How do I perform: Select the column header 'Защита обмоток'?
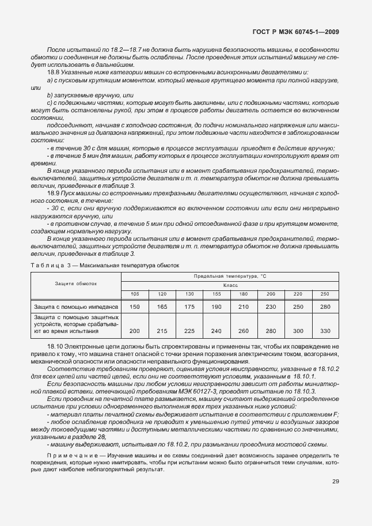coord(76,284)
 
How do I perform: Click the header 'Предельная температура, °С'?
coord(230,277)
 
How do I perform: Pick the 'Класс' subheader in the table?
coord(230,285)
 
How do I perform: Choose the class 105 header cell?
coord(135,294)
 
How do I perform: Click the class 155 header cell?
coord(217,294)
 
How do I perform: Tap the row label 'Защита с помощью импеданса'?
coord(76,307)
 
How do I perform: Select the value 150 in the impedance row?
coord(135,307)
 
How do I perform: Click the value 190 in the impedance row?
coord(217,307)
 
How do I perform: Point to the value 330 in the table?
coord(325,331)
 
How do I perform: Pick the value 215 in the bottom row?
coord(162,331)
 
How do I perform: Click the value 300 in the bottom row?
coord(298,331)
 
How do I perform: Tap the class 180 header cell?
coord(244,294)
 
